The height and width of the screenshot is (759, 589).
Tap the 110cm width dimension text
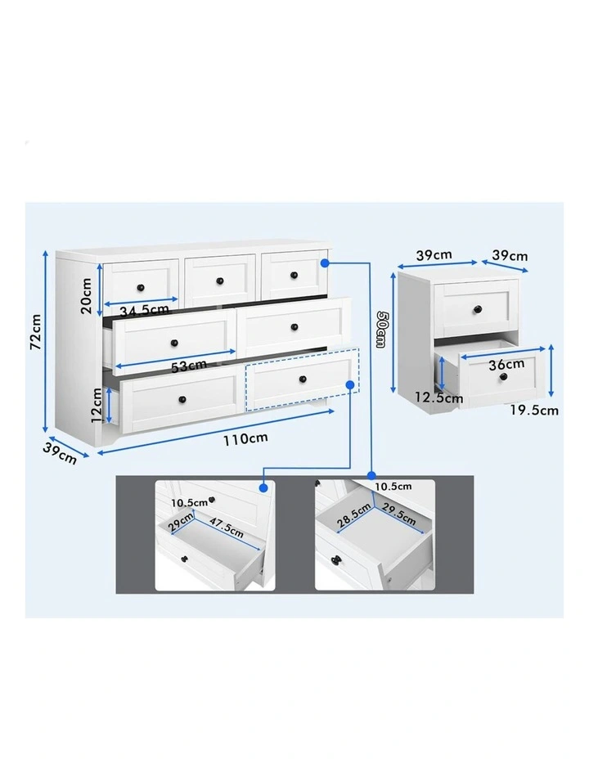click(245, 438)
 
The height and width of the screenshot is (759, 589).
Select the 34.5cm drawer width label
click(144, 310)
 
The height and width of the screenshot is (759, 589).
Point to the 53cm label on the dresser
click(189, 366)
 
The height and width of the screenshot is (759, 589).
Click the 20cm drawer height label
click(86, 295)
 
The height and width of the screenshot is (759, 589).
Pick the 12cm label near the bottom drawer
click(97, 405)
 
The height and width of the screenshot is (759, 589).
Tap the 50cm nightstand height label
click(380, 329)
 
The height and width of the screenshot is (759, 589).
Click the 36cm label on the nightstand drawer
click(506, 364)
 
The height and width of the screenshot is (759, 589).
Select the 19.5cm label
click(534, 411)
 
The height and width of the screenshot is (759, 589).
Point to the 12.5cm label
click(439, 398)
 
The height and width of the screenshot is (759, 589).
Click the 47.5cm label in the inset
click(227, 527)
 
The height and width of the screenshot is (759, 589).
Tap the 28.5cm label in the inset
click(353, 515)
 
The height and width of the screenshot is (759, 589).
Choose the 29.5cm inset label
click(398, 514)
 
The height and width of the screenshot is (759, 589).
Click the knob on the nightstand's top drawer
click(478, 309)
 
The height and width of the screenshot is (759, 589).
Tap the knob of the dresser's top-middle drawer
click(220, 281)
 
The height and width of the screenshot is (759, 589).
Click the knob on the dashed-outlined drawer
click(303, 379)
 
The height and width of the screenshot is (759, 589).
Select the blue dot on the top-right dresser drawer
click(326, 263)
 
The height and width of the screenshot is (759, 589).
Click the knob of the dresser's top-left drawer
click(141, 288)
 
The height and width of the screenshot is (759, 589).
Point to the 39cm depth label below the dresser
click(60, 453)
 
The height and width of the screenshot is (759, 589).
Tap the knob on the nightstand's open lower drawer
click(504, 376)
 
